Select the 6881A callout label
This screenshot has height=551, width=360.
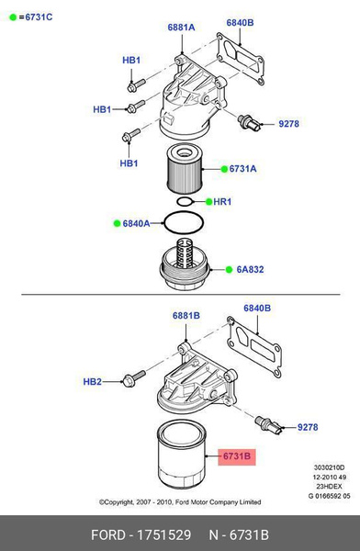point(181,28)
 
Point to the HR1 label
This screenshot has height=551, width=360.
point(220,202)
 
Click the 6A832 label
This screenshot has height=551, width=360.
point(249,269)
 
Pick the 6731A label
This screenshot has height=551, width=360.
point(242,169)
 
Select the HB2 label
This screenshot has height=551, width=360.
point(92,381)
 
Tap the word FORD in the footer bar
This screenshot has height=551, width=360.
point(109,534)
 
